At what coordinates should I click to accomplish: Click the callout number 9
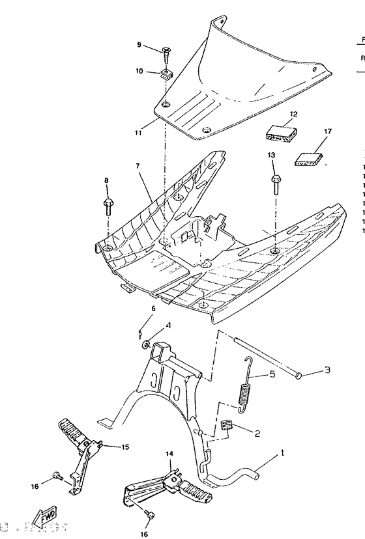(x=139, y=45)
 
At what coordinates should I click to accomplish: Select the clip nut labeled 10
(x=166, y=71)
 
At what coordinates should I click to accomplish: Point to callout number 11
(x=139, y=133)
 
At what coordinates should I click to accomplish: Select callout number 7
(x=138, y=167)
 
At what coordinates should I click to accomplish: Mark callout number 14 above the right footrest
(x=169, y=453)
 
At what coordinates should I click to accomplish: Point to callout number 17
(x=328, y=131)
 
